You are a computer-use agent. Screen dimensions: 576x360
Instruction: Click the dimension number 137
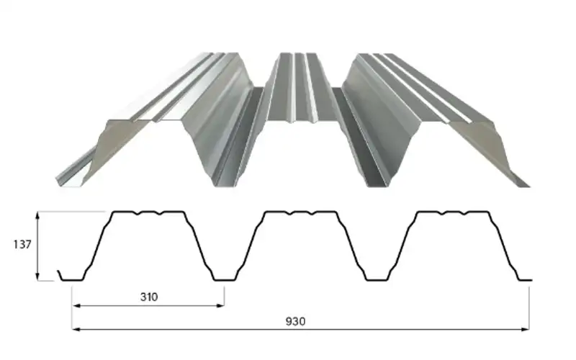pos(22,244)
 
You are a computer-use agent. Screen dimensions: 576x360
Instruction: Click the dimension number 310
pos(149,297)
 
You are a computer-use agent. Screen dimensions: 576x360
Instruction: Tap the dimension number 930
pos(295,321)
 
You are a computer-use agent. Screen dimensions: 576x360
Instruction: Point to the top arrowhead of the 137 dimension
pos(37,215)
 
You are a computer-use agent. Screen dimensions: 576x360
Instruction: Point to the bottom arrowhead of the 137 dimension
pos(37,276)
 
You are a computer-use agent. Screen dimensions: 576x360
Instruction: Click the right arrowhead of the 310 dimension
pos(220,305)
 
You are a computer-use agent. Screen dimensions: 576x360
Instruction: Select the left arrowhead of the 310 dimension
pos(76,305)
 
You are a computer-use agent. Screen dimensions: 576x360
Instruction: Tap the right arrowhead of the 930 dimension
pos(526,330)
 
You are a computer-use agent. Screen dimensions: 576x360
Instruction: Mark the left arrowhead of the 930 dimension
pos(76,330)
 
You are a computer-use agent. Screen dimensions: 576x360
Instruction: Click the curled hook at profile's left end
pos(60,276)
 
